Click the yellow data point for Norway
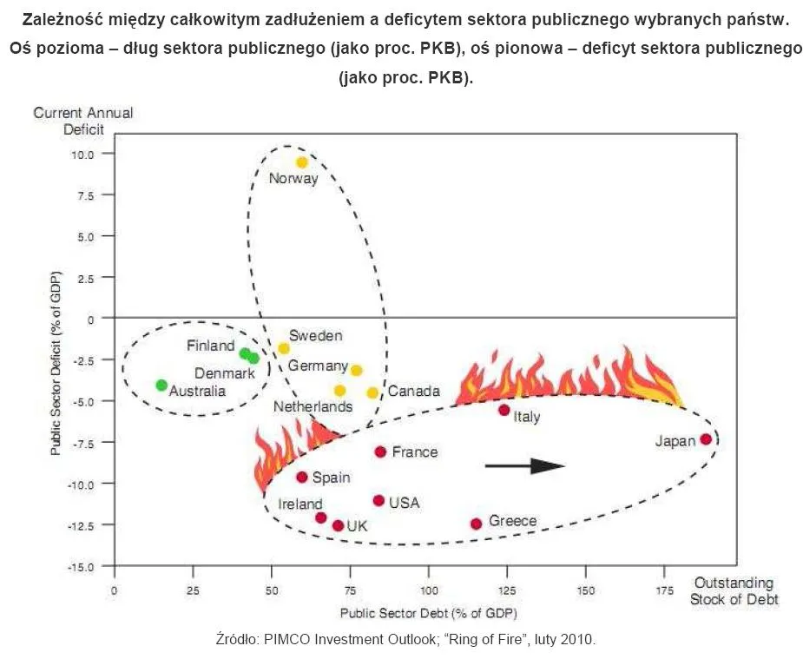click(x=302, y=162)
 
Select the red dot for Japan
click(x=706, y=439)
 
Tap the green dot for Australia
click(x=161, y=385)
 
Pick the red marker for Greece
click(x=476, y=524)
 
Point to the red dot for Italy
click(x=504, y=410)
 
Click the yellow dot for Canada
click(x=372, y=392)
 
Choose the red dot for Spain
click(x=302, y=477)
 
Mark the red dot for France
click(x=380, y=451)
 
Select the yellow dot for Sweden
click(x=284, y=348)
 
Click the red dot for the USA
click(x=378, y=500)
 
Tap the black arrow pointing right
click(x=524, y=466)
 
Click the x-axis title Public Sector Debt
click(x=428, y=613)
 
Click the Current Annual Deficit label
click(x=82, y=122)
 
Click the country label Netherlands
click(x=313, y=406)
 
